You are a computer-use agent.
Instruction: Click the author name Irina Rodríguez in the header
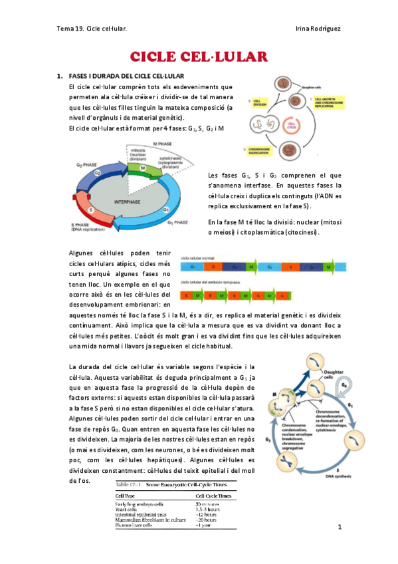(316, 29)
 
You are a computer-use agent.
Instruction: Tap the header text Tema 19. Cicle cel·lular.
(92, 29)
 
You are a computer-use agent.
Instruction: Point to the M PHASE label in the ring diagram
(163, 144)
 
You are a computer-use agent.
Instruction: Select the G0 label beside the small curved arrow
(343, 385)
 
